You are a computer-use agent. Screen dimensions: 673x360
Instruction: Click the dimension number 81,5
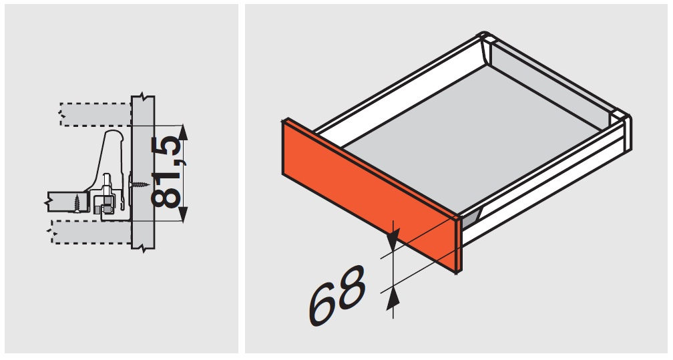click(166, 172)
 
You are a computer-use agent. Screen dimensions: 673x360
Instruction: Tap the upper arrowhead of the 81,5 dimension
click(183, 133)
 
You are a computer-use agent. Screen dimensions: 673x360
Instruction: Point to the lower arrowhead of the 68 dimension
click(391, 298)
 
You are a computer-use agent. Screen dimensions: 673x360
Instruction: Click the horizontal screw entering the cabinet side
click(140, 185)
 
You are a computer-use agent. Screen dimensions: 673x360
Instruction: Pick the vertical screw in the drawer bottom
click(77, 203)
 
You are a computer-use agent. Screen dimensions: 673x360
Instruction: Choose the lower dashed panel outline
click(91, 232)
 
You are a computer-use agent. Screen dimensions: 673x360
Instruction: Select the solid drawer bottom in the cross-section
click(68, 202)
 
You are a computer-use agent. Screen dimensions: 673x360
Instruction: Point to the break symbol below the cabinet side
click(143, 248)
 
